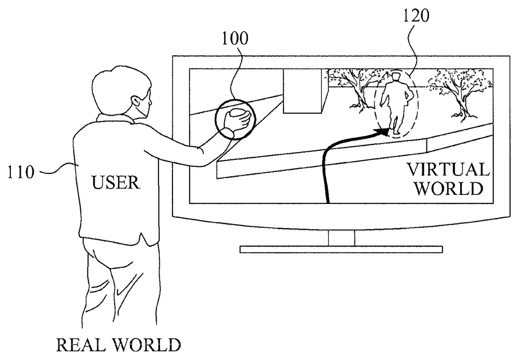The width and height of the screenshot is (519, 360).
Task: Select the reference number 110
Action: click(20, 172)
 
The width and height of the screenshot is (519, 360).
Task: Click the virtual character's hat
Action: click(396, 76)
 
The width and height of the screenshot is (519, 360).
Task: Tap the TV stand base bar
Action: click(341, 249)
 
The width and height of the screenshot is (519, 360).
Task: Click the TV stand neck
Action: click(341, 237)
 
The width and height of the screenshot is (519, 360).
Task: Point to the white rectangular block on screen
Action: click(302, 92)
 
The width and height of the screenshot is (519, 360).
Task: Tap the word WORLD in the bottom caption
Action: click(149, 346)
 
